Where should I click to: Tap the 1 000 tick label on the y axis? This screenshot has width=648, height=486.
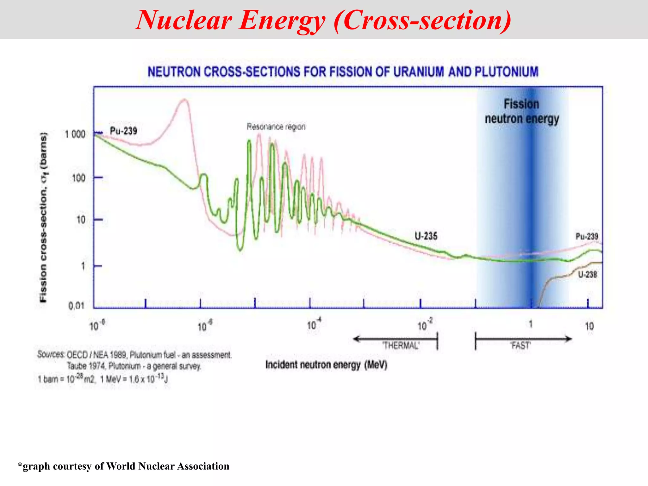point(75,134)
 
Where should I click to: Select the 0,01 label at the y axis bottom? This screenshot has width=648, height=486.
point(76,306)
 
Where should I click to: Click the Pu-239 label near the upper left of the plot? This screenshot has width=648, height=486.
point(123,131)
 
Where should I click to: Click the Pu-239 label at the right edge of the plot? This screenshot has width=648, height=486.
point(587,236)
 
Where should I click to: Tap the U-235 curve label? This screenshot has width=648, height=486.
point(426,236)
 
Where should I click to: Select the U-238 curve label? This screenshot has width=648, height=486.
point(588,274)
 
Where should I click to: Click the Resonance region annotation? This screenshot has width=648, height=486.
point(276,127)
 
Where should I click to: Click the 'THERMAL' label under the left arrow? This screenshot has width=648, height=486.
point(401,345)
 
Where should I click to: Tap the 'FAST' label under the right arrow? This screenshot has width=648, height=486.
point(520,346)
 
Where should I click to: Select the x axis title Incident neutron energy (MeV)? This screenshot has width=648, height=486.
point(326,365)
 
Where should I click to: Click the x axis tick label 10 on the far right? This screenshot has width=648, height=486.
point(589,326)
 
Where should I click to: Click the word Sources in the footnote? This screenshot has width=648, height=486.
point(51,354)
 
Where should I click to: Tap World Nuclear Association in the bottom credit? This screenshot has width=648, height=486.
point(168,466)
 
